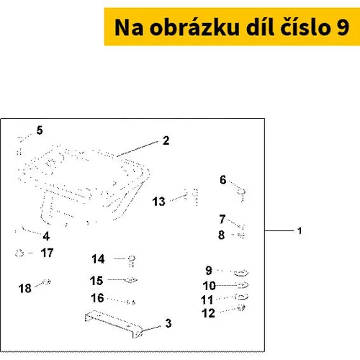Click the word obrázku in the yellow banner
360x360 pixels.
pyautogui.click(x=194, y=27)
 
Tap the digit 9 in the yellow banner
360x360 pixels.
pyautogui.click(x=343, y=27)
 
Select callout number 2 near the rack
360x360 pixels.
pyautogui.click(x=166, y=140)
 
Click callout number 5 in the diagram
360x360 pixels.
pyautogui.click(x=40, y=130)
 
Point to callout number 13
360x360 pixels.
pyautogui.click(x=158, y=202)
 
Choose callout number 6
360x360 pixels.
pyautogui.click(x=223, y=180)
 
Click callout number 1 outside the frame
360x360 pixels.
pyautogui.click(x=300, y=231)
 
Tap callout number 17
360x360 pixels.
pyautogui.click(x=47, y=253)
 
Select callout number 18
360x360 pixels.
pyautogui.click(x=25, y=289)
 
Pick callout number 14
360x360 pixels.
pyautogui.click(x=98, y=259)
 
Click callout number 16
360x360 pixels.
pyautogui.click(x=97, y=298)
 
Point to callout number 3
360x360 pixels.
pyautogui.click(x=168, y=323)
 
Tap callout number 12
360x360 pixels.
pyautogui.click(x=208, y=313)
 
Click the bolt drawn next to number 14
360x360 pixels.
pyautogui.click(x=132, y=261)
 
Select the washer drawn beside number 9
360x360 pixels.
pyautogui.click(x=241, y=273)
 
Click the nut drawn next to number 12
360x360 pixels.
pyautogui.click(x=241, y=307)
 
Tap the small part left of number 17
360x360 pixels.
pyautogui.click(x=19, y=253)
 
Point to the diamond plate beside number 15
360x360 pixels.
pyautogui.click(x=131, y=280)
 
